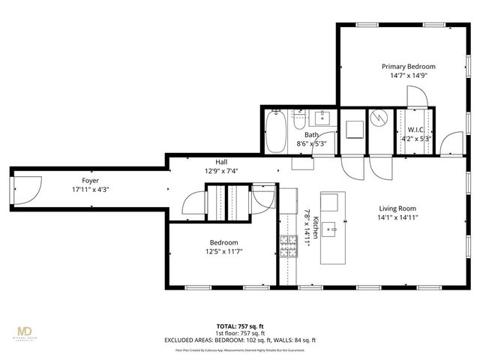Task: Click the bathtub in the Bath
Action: (x=275, y=130)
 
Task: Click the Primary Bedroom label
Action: (x=407, y=66)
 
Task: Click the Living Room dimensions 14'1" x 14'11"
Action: (x=397, y=217)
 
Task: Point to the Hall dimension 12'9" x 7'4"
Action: (x=221, y=171)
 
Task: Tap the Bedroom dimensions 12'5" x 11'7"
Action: (x=223, y=251)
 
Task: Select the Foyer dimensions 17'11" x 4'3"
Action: (x=90, y=190)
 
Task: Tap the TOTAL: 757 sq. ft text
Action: (x=240, y=326)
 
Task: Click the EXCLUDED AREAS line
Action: (x=240, y=340)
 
